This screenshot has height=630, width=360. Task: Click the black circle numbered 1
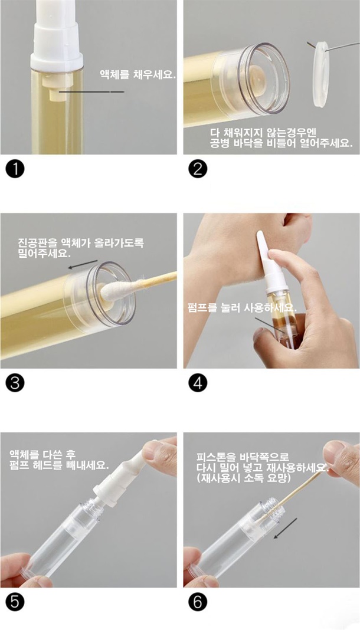click(15, 169)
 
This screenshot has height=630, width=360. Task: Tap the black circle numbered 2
click(198, 169)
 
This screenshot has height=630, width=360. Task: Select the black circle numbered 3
click(15, 383)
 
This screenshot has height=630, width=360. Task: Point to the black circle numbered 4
click(198, 383)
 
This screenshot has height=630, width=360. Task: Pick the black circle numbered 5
click(15, 602)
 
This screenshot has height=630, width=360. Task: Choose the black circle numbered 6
click(198, 602)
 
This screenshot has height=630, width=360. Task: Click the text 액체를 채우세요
click(138, 74)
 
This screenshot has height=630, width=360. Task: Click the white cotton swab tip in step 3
click(115, 290)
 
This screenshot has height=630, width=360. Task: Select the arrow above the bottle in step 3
click(83, 264)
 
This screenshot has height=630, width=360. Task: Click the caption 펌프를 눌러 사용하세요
click(241, 308)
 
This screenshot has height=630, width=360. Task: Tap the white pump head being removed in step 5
click(123, 475)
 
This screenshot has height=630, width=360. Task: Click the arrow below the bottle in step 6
click(285, 529)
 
